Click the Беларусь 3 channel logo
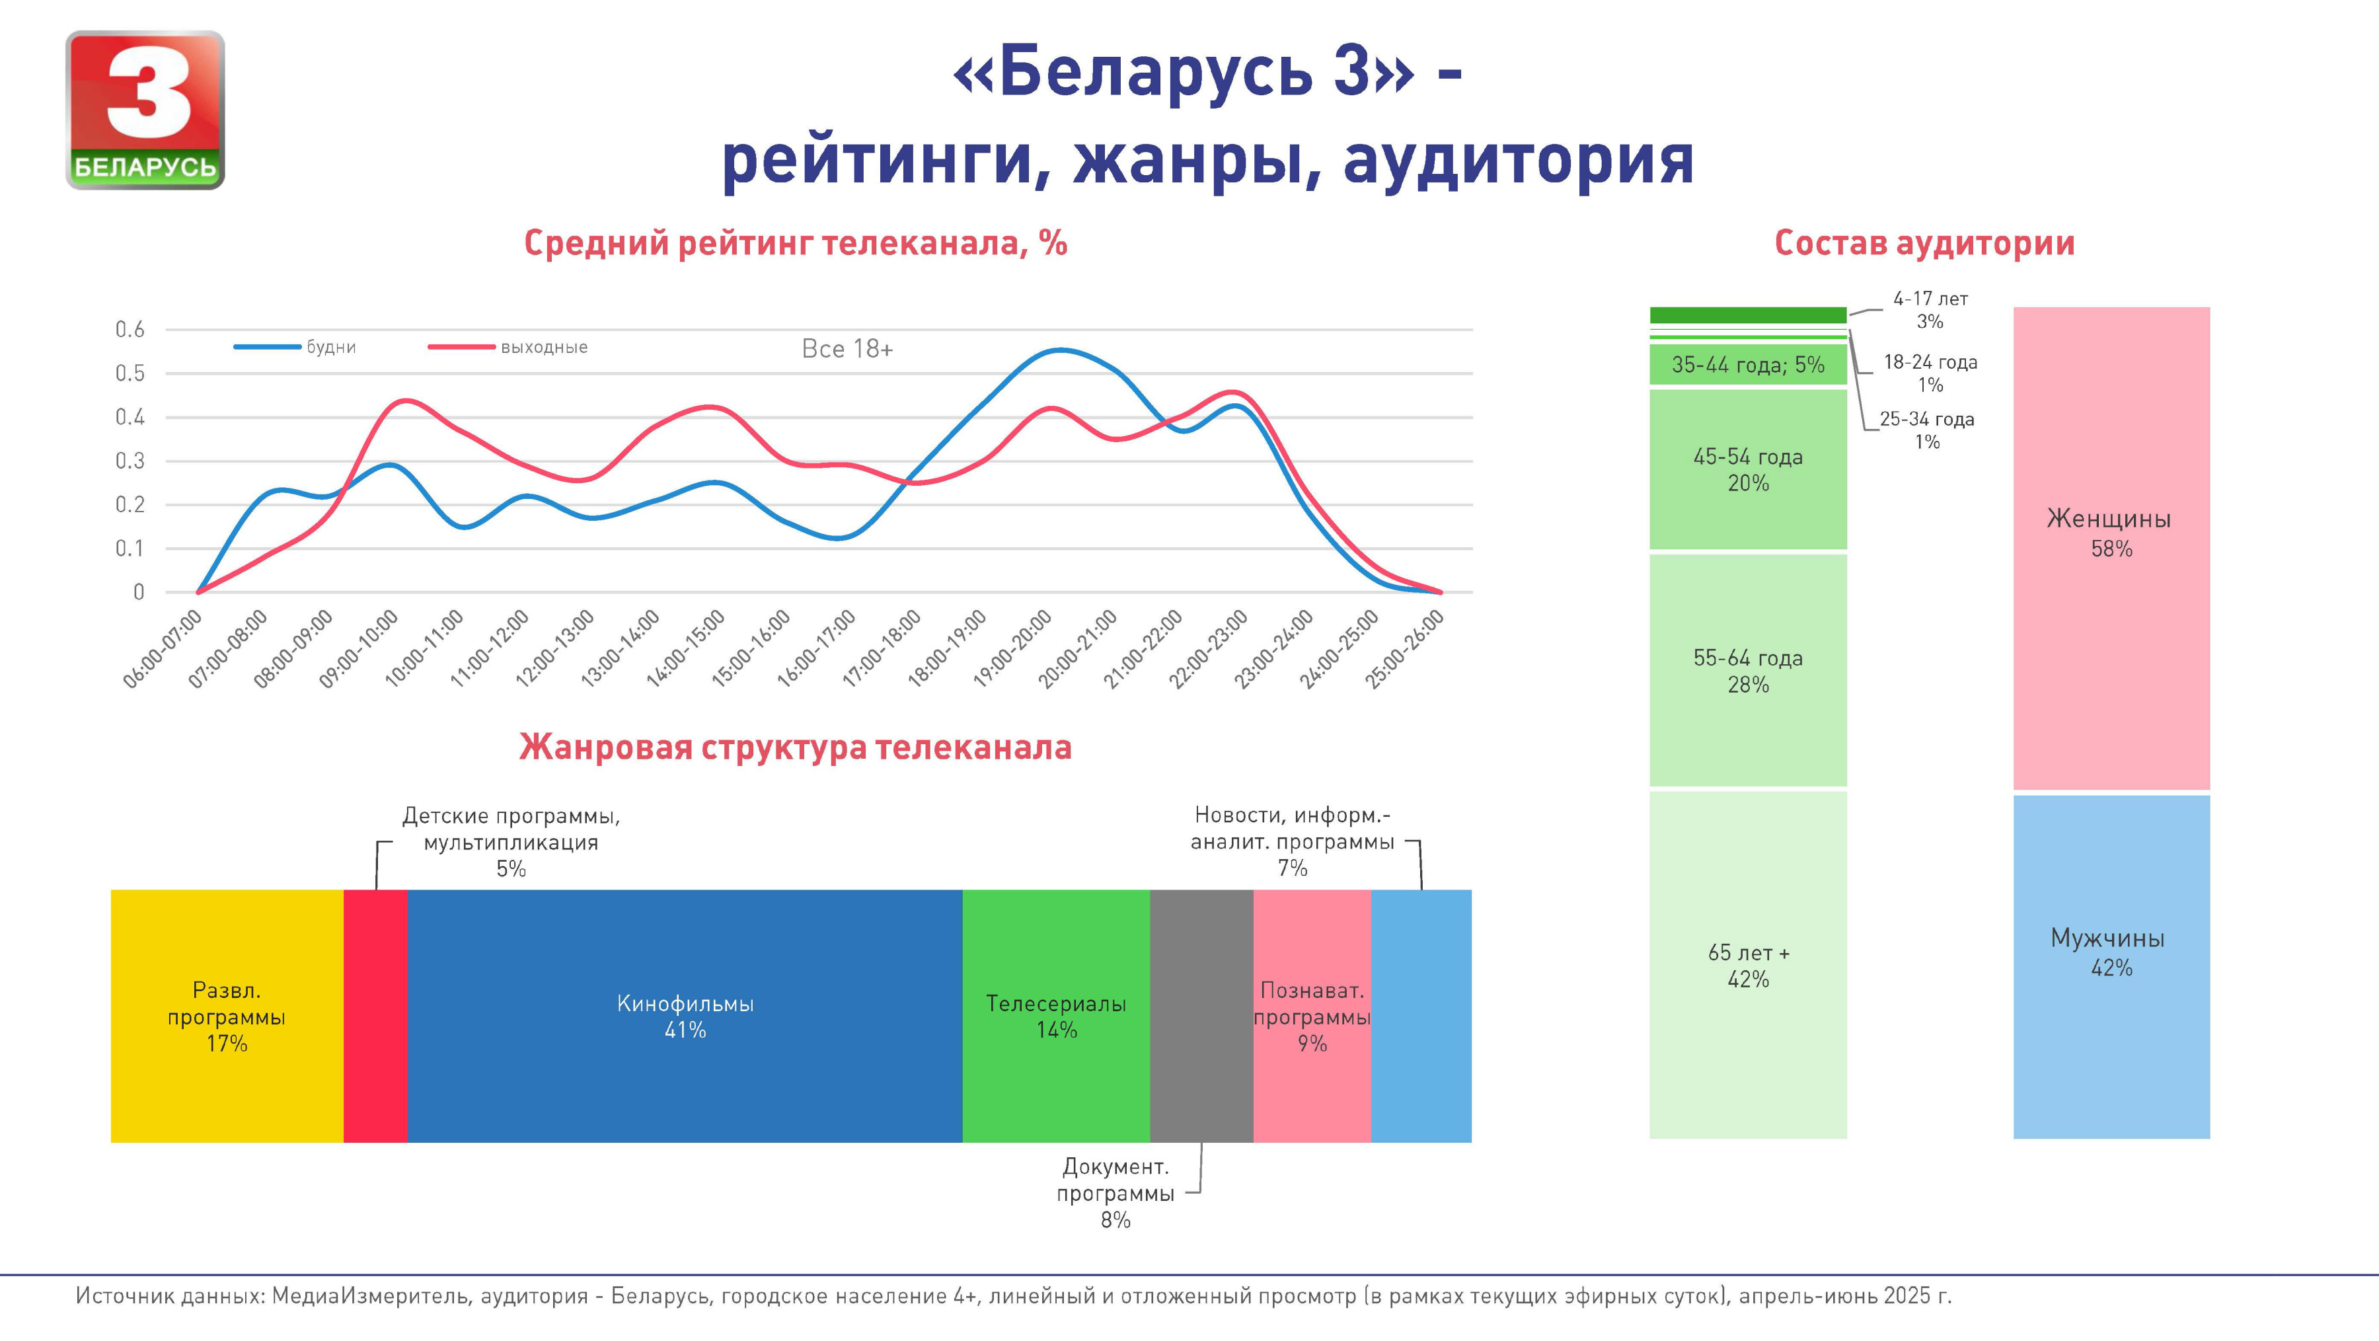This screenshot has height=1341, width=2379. (x=145, y=110)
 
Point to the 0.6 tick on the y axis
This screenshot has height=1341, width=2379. (x=130, y=330)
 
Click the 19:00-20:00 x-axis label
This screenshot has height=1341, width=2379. (x=1013, y=648)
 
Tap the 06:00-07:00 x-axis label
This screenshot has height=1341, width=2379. (x=163, y=648)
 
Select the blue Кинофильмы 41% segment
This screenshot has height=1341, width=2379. (x=685, y=1016)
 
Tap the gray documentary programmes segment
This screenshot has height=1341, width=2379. (x=1201, y=1016)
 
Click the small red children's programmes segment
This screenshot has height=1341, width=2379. (x=375, y=1016)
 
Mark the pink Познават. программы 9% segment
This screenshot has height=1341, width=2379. (x=1311, y=1016)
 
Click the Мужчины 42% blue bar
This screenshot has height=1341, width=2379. (x=2111, y=966)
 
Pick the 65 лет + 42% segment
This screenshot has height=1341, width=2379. (x=1747, y=965)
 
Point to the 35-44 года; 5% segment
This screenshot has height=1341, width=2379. (x=1747, y=365)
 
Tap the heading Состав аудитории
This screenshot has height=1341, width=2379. (x=1924, y=244)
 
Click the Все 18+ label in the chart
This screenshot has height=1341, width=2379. (x=847, y=349)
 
